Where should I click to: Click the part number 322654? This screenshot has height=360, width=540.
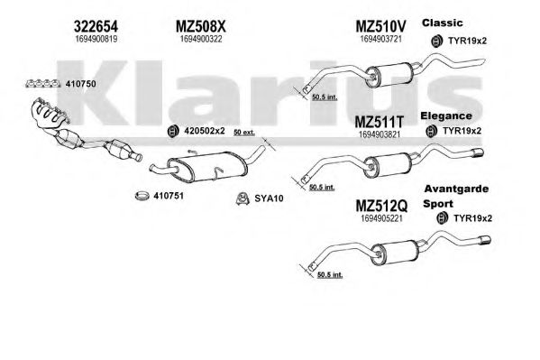click(96, 26)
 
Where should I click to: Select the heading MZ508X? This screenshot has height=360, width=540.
click(201, 26)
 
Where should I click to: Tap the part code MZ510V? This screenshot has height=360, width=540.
click(380, 26)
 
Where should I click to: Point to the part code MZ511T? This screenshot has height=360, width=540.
click(379, 122)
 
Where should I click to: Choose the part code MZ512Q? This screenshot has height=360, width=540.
click(381, 207)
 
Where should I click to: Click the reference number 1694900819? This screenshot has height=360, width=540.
click(96, 40)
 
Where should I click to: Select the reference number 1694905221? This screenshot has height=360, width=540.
click(381, 218)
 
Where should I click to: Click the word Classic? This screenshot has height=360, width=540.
click(443, 23)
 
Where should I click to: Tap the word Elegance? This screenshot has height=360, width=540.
click(446, 115)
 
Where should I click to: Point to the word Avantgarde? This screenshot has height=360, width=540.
click(456, 189)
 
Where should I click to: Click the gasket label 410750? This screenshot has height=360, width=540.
click(81, 84)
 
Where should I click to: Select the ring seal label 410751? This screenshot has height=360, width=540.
click(169, 196)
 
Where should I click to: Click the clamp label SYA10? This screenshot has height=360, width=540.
click(269, 198)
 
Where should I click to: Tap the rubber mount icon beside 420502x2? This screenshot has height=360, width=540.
click(172, 131)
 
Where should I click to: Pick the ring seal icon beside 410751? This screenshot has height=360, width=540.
click(142, 196)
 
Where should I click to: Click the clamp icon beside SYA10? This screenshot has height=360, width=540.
click(243, 198)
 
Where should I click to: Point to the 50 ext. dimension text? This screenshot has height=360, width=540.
click(243, 133)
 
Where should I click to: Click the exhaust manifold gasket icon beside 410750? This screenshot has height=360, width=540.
click(43, 83)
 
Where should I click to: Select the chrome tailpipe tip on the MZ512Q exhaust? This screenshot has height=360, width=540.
click(484, 240)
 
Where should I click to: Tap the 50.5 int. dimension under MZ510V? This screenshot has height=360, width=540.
click(324, 97)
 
